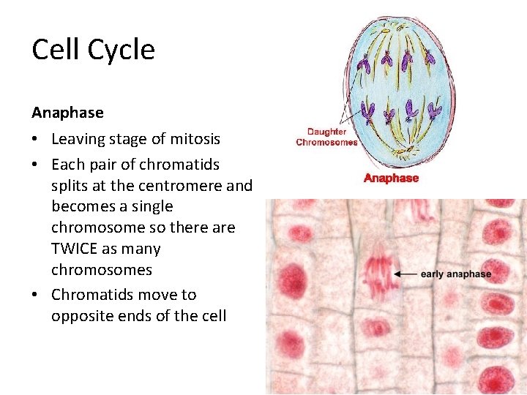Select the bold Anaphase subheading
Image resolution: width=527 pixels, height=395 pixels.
[x=67, y=113]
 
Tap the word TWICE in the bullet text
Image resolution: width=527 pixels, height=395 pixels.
[x=74, y=249]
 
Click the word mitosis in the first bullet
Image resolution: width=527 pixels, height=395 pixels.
[x=195, y=139]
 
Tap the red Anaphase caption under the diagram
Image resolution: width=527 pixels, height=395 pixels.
[x=391, y=178]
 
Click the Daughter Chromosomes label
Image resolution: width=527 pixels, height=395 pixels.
[x=326, y=137]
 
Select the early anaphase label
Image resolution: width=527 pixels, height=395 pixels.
[x=455, y=274]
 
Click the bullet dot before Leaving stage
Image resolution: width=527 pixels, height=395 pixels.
[x=36, y=139]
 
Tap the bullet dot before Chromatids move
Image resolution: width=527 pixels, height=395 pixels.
[x=36, y=295]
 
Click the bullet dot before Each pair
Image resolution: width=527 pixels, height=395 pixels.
[x=36, y=164]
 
